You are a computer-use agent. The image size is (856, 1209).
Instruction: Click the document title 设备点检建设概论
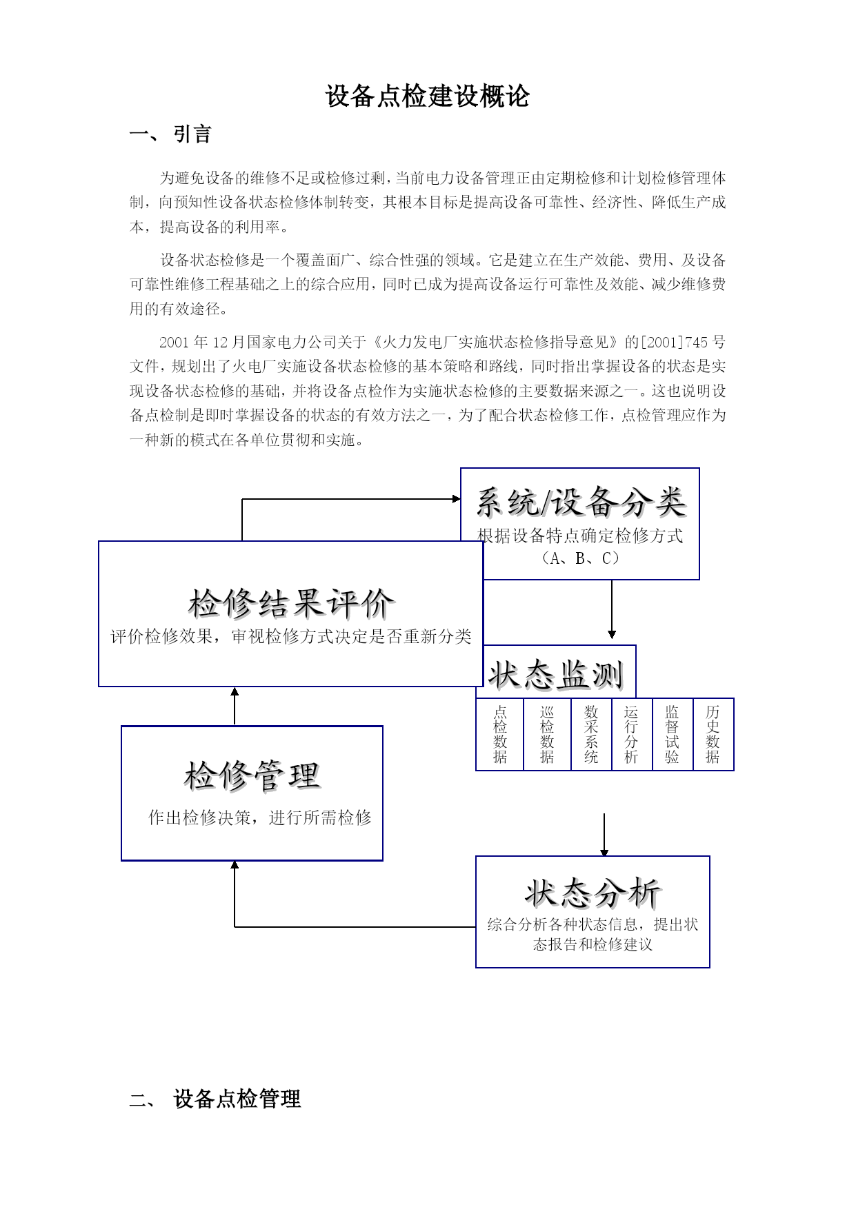pyautogui.click(x=427, y=96)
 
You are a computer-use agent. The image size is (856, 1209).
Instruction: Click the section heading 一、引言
pyautogui.click(x=170, y=134)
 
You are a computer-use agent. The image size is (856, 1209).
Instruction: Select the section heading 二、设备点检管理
pyautogui.click(x=215, y=1099)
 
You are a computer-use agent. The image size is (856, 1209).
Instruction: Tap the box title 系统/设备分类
pyautogui.click(x=581, y=502)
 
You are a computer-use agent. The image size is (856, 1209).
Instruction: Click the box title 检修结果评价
pyautogui.click(x=292, y=604)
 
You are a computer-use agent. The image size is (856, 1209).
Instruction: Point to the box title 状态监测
pyautogui.click(x=556, y=674)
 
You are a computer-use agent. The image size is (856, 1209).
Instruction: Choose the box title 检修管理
pyautogui.click(x=252, y=775)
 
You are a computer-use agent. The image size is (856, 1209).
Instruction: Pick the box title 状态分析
pyautogui.click(x=593, y=893)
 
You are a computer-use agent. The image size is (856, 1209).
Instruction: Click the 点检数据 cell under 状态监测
pyautogui.click(x=500, y=734)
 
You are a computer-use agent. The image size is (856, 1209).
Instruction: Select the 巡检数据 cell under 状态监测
pyautogui.click(x=548, y=734)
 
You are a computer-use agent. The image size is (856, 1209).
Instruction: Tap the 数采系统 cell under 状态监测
pyautogui.click(x=592, y=734)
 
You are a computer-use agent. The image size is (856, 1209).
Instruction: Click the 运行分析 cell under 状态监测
pyautogui.click(x=632, y=734)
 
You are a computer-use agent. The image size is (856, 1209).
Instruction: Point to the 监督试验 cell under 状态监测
pyautogui.click(x=673, y=734)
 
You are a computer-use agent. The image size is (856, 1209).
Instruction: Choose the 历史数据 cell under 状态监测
pyautogui.click(x=713, y=734)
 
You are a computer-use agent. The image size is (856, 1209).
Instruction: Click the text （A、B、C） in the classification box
pyautogui.click(x=580, y=558)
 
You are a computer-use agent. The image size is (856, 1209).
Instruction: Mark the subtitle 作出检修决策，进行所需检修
pyautogui.click(x=260, y=817)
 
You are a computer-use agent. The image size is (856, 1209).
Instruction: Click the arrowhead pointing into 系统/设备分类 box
pyautogui.click(x=457, y=499)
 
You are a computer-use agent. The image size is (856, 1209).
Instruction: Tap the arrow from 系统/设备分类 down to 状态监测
pyautogui.click(x=612, y=609)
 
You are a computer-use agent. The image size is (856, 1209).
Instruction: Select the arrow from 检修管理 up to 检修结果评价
pyautogui.click(x=235, y=706)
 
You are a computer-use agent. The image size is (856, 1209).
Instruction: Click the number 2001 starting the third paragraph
pyautogui.click(x=175, y=343)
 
